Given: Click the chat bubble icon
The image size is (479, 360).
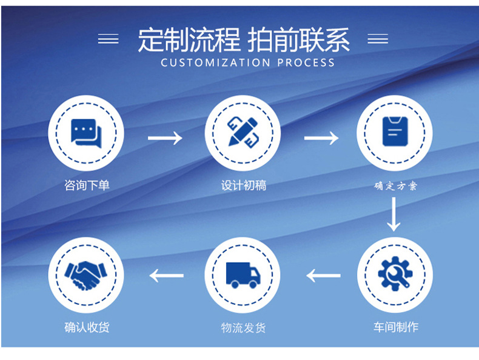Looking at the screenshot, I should point(86,132).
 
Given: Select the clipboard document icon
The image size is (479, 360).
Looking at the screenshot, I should point(394,132).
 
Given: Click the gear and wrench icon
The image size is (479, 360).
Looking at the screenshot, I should point(395,275).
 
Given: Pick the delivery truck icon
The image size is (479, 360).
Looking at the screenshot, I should point(243,275).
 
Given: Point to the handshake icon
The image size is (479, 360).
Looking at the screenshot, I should point(86,275).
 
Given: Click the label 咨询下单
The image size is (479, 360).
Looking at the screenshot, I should point(87,185).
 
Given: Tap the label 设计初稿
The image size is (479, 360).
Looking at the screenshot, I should point(243,185).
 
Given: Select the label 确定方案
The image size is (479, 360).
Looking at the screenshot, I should point(395,186).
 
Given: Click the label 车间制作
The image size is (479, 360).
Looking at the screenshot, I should point(395,327).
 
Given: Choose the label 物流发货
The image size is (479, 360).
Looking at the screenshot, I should point(243,328).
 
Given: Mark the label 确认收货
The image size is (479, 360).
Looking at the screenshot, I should point(87,327).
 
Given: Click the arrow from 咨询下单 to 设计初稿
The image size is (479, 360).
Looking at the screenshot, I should point(165,138).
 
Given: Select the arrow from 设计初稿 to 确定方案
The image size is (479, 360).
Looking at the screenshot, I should point(321,138).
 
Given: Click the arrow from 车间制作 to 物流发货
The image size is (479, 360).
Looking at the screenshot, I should point(323,276).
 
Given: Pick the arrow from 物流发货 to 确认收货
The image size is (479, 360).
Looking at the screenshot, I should point(166,276).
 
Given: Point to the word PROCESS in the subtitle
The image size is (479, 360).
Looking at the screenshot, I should point(306,62).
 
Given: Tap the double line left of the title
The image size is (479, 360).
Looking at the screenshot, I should point(109,39).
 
